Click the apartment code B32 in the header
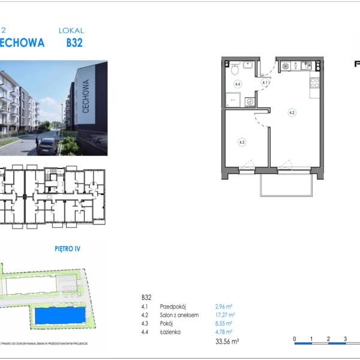point(74,43)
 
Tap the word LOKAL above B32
point(71,30)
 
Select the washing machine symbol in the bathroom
point(250,102)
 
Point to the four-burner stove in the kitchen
point(286,67)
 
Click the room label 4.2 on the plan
point(292,112)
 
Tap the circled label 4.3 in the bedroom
point(242,142)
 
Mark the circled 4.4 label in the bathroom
point(238,85)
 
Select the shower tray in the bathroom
point(234,100)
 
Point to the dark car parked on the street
point(47,145)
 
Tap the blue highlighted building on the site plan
point(60,314)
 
